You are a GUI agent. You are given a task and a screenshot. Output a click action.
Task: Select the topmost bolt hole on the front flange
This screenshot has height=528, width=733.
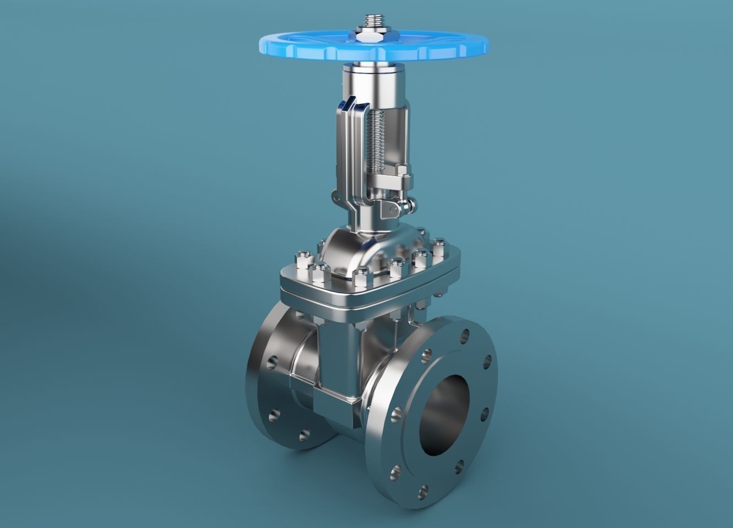tap(466, 334)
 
